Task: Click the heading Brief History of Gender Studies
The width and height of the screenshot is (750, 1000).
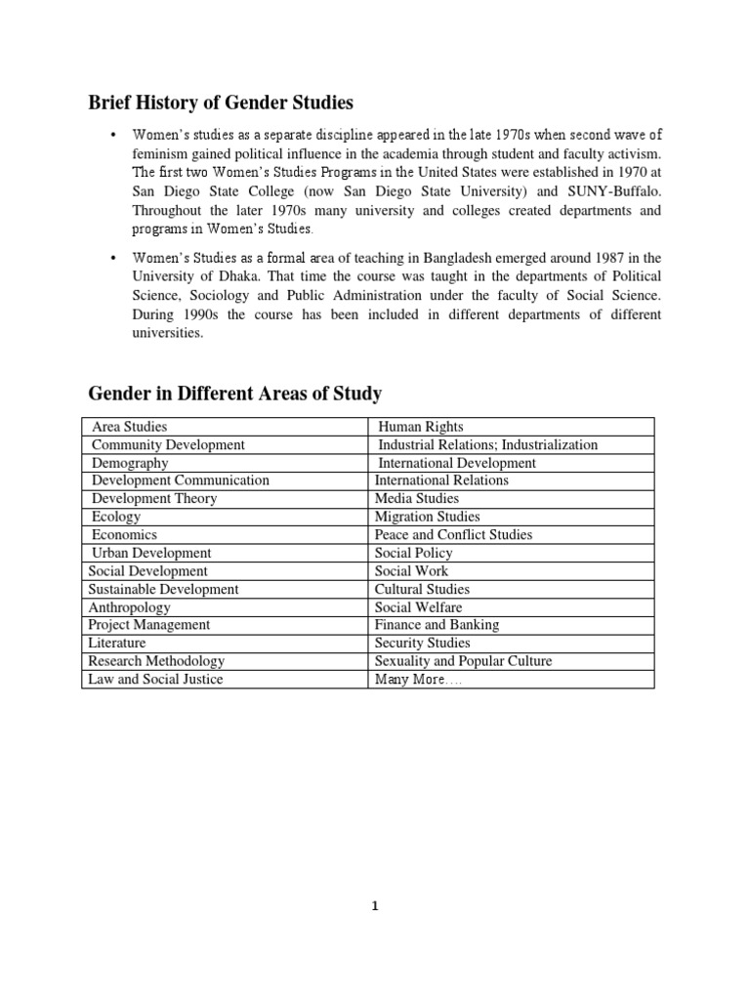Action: click(x=221, y=103)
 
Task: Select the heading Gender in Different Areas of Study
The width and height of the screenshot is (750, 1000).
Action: click(x=234, y=394)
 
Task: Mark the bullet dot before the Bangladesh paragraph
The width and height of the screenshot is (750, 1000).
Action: click(x=114, y=258)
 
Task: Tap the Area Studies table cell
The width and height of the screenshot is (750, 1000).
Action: click(x=129, y=427)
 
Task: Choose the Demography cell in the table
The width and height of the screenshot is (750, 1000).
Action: click(x=129, y=463)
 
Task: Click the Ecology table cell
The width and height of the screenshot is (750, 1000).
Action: click(x=116, y=517)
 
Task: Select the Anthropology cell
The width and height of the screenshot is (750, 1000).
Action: click(x=129, y=606)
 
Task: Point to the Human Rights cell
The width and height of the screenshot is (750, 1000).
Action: click(x=420, y=427)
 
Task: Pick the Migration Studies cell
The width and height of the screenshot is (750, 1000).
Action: click(x=427, y=517)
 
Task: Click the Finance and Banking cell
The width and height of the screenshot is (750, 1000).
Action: click(x=437, y=625)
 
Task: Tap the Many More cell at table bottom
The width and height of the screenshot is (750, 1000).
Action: click(x=418, y=679)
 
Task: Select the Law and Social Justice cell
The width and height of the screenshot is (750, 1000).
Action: click(x=155, y=679)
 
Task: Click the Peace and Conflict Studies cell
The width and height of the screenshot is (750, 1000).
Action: click(x=453, y=535)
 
